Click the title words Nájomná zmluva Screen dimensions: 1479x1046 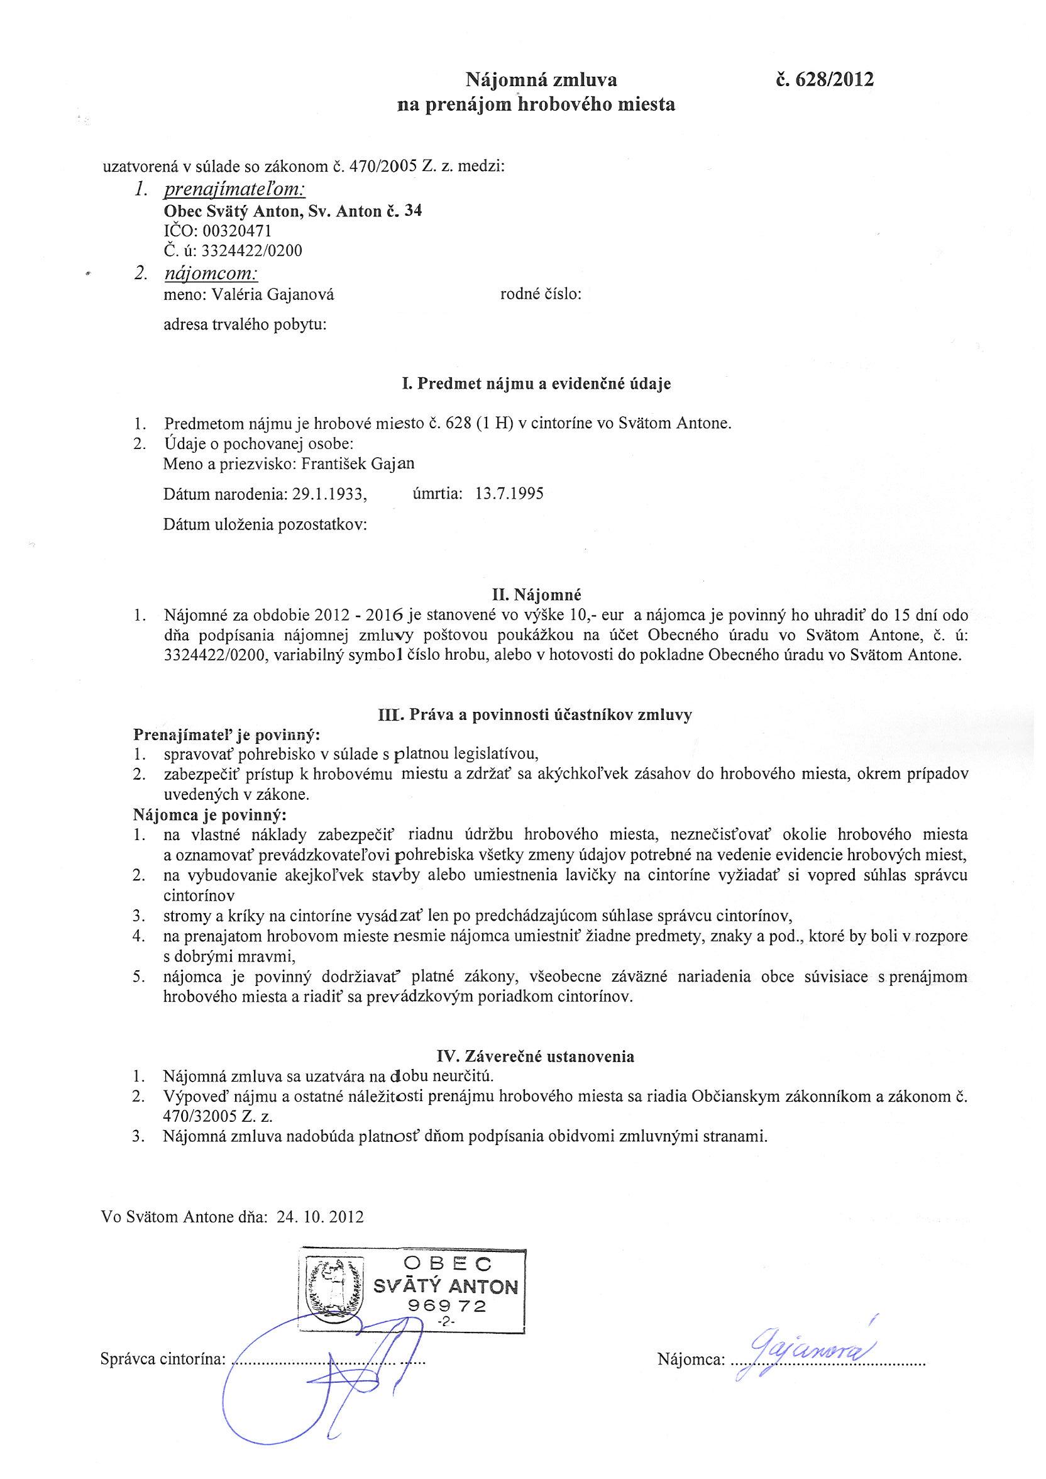[541, 80]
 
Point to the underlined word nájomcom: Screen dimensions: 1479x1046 [212, 274]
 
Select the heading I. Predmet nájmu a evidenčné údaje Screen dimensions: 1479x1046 [536, 384]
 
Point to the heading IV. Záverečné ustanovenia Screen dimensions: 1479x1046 [536, 1056]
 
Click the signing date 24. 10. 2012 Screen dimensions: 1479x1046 [320, 1217]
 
